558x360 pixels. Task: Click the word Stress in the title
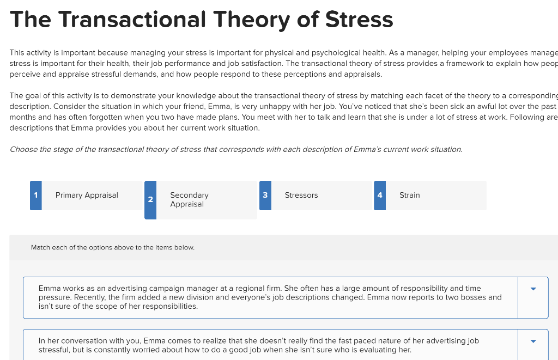coord(359,20)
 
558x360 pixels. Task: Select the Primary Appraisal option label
coord(87,195)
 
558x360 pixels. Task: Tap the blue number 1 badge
coord(36,195)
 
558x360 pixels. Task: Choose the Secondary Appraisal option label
coord(189,199)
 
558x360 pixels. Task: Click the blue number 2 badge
coord(150,200)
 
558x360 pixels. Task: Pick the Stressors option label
coord(301,195)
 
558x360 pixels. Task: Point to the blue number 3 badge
coord(265,195)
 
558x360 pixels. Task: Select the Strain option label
coord(409,195)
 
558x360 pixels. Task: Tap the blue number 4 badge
coord(380,195)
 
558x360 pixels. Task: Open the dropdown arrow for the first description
coord(533,289)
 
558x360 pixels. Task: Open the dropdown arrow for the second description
coord(533,341)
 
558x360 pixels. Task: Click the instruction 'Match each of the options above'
coord(112,247)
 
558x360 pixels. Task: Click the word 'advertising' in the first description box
coord(128,288)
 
